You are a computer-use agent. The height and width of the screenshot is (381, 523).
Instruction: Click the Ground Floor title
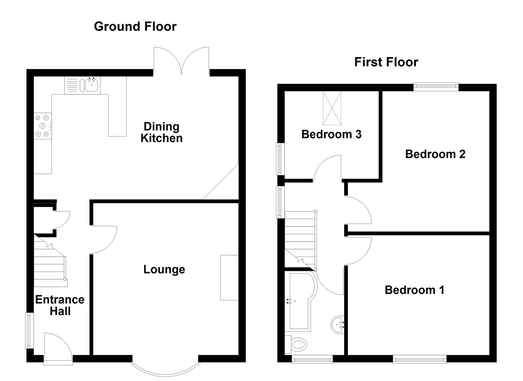pos(135,26)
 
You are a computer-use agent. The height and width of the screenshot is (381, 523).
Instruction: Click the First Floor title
pos(386,62)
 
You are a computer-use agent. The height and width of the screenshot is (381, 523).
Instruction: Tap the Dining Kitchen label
pos(162,132)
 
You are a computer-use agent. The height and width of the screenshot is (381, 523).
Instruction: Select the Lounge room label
pos(164,270)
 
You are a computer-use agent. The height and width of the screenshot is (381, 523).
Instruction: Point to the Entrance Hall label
pos(60,306)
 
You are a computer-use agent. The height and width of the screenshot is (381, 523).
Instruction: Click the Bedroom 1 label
pos(414,290)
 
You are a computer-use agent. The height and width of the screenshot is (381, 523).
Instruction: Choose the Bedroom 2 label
pos(435,154)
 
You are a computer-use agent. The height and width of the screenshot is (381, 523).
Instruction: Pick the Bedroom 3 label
pos(331,134)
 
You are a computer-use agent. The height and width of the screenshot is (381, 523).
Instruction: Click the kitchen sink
pos(91,85)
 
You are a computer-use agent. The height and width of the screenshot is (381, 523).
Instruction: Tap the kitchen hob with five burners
pos(43,126)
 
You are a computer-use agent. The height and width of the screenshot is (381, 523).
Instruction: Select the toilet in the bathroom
pos(297,344)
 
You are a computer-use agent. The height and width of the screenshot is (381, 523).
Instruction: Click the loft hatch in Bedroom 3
pos(332,108)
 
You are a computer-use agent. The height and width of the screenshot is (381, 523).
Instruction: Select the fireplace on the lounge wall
pos(229,278)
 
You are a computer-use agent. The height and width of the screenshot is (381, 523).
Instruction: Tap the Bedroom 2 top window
pos(436,86)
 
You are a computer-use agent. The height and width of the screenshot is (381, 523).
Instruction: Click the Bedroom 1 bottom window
pos(419,359)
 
